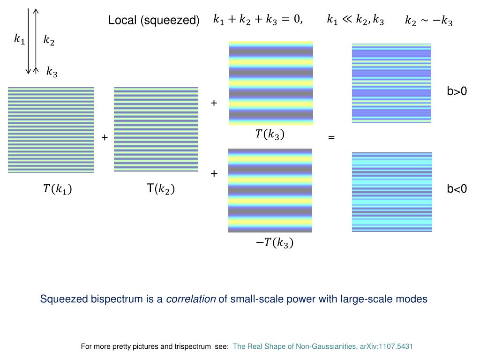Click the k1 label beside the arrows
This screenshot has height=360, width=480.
[19, 39]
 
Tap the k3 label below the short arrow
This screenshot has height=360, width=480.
[52, 72]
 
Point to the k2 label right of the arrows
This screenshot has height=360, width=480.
[49, 41]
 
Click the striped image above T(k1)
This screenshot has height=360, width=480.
[51, 130]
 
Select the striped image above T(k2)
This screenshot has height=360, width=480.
[156, 129]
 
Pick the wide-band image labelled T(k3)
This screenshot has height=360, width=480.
[270, 83]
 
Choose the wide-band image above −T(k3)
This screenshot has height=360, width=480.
[270, 190]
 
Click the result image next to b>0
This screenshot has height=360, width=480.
[391, 83]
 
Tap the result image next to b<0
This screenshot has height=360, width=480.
[392, 192]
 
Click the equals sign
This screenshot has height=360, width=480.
[331, 137]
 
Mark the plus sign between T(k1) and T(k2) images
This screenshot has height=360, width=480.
[105, 137]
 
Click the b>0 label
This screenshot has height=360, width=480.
[457, 91]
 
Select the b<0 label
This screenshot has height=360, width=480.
[457, 189]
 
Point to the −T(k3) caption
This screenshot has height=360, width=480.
[274, 242]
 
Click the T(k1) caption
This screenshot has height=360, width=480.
[57, 189]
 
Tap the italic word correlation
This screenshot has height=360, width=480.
[191, 299]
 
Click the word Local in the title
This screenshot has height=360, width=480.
[121, 21]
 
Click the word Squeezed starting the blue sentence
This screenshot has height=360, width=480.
[64, 299]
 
